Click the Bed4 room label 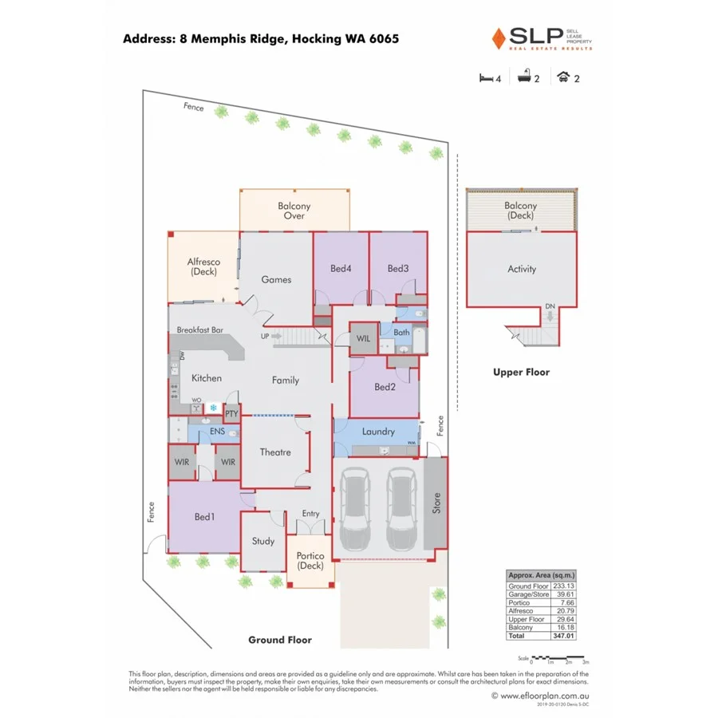pyautogui.click(x=341, y=269)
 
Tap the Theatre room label pyautogui.click(x=275, y=452)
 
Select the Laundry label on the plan pyautogui.click(x=378, y=432)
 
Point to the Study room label pyautogui.click(x=263, y=541)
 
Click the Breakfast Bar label pyautogui.click(x=199, y=329)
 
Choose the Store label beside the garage pyautogui.click(x=436, y=503)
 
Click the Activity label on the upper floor pyautogui.click(x=522, y=270)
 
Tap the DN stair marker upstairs pyautogui.click(x=550, y=306)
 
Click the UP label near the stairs pyautogui.click(x=264, y=336)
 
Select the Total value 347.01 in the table pyautogui.click(x=563, y=637)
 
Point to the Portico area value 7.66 pyautogui.click(x=565, y=603)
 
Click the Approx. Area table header pyautogui.click(x=542, y=575)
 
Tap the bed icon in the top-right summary pyautogui.click(x=485, y=77)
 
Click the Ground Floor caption pyautogui.click(x=280, y=640)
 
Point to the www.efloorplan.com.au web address pyautogui.click(x=546, y=696)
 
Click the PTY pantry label pyautogui.click(x=231, y=414)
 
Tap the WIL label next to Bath pyautogui.click(x=364, y=338)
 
